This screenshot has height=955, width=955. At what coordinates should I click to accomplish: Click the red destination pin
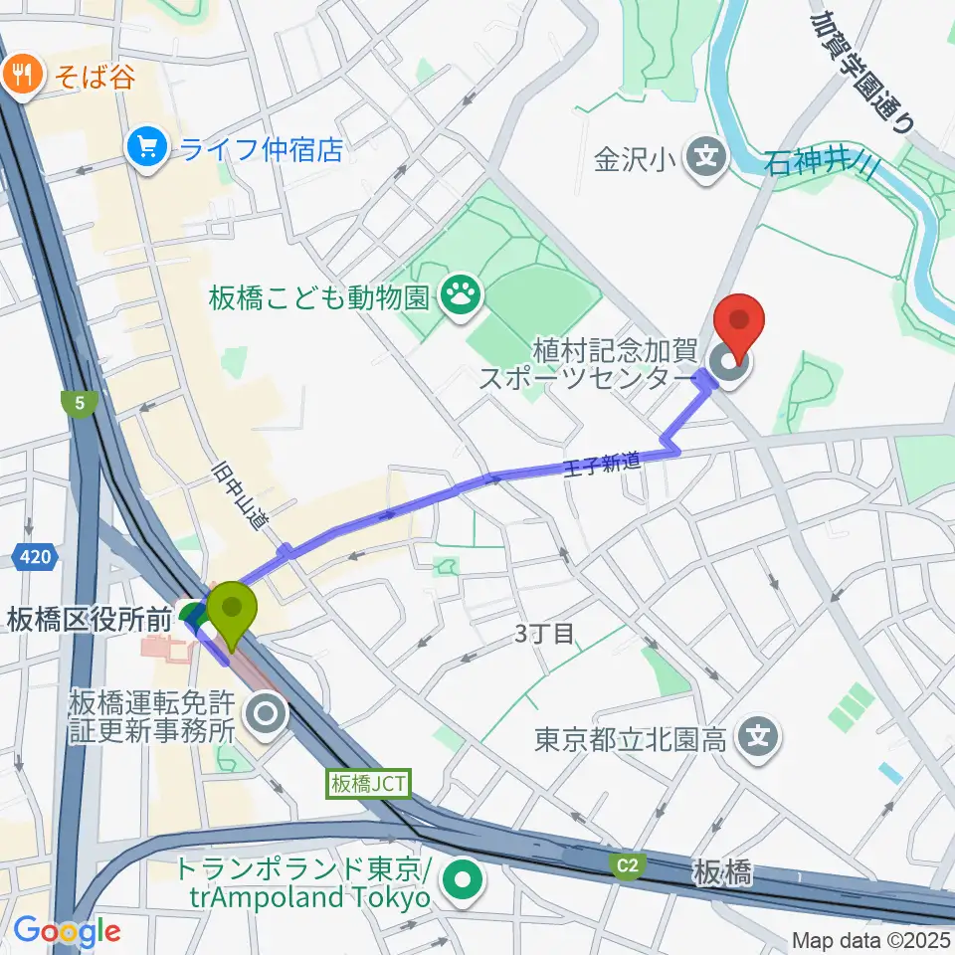[x=740, y=320]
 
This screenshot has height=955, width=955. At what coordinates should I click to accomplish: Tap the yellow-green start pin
[x=231, y=609]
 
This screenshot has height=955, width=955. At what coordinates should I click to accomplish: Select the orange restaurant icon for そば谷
[x=20, y=75]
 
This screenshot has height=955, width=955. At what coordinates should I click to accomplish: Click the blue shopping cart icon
[x=147, y=148]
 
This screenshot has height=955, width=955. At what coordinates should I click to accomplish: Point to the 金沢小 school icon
[x=706, y=157]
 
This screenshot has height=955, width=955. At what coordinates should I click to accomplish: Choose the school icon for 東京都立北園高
[x=758, y=737]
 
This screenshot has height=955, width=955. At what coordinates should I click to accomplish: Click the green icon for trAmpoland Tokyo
[x=460, y=877]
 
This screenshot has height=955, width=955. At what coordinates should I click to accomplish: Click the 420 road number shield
[x=35, y=559]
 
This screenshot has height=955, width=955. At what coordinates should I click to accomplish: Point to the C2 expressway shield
[x=626, y=867]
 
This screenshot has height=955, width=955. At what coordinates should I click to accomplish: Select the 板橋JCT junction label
[x=367, y=784]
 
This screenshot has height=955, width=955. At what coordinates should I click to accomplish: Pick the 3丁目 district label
[x=546, y=634]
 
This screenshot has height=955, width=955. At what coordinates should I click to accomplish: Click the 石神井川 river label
[x=820, y=162]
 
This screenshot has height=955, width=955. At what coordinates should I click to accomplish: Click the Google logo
[x=66, y=931]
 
